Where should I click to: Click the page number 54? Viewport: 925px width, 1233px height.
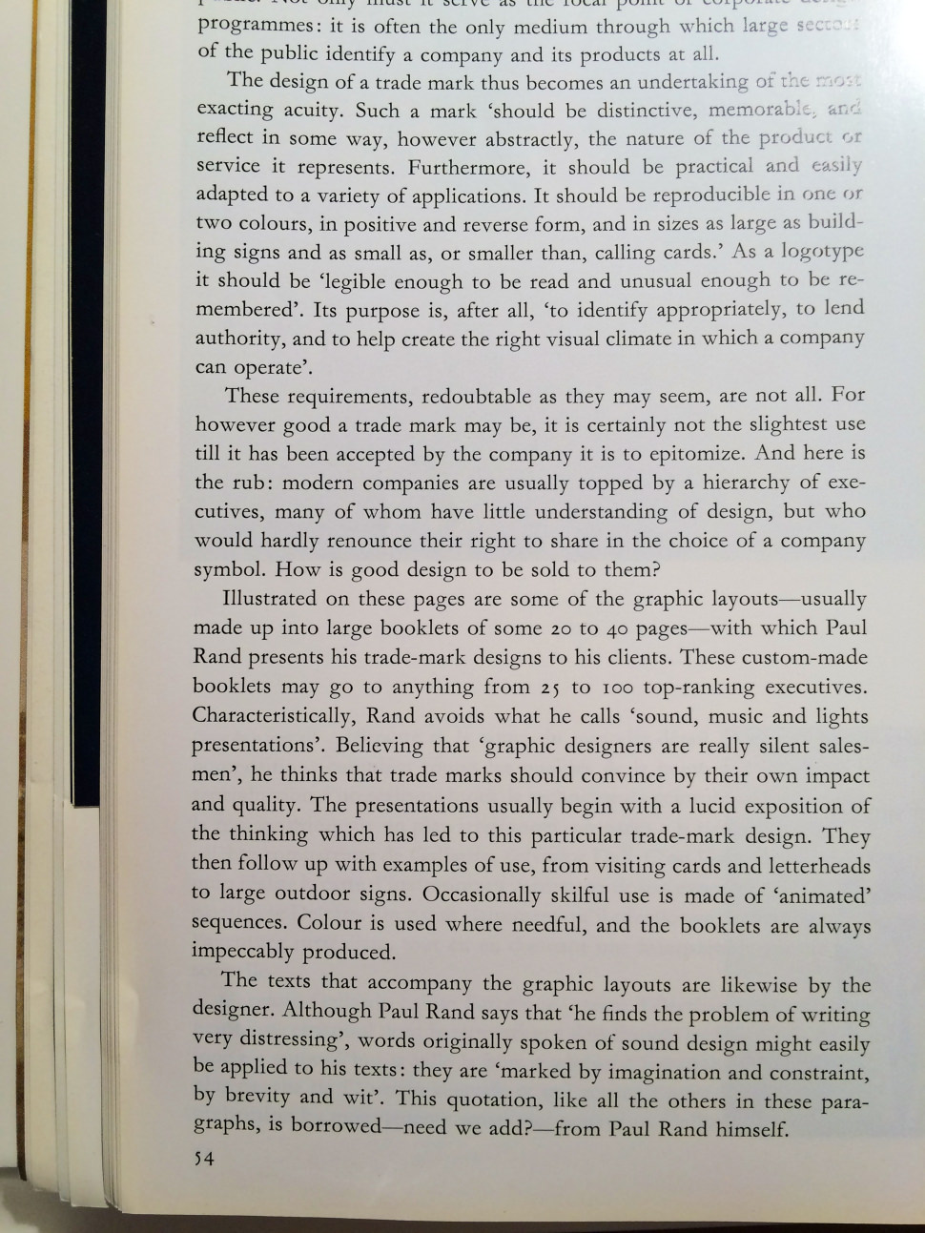[203, 1160]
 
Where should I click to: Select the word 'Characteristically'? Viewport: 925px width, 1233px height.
[272, 716]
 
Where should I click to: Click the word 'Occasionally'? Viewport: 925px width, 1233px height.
[482, 895]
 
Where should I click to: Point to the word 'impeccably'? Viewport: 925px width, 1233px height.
[242, 953]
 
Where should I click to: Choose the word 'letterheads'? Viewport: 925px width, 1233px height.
[819, 866]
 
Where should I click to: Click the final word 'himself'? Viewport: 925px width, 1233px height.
[751, 1130]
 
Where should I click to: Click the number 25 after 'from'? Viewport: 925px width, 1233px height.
[548, 688]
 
